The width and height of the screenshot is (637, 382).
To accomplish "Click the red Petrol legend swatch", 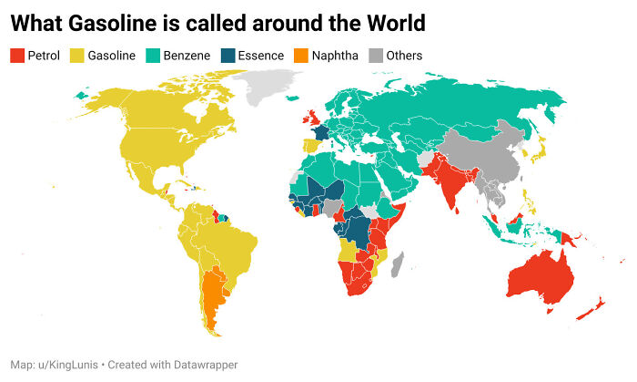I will pyautogui.click(x=17, y=56).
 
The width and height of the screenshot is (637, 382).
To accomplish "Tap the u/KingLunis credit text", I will pyautogui.click(x=65, y=365).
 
